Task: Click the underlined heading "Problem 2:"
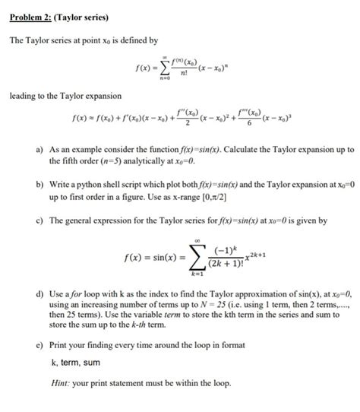tap(28, 16)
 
